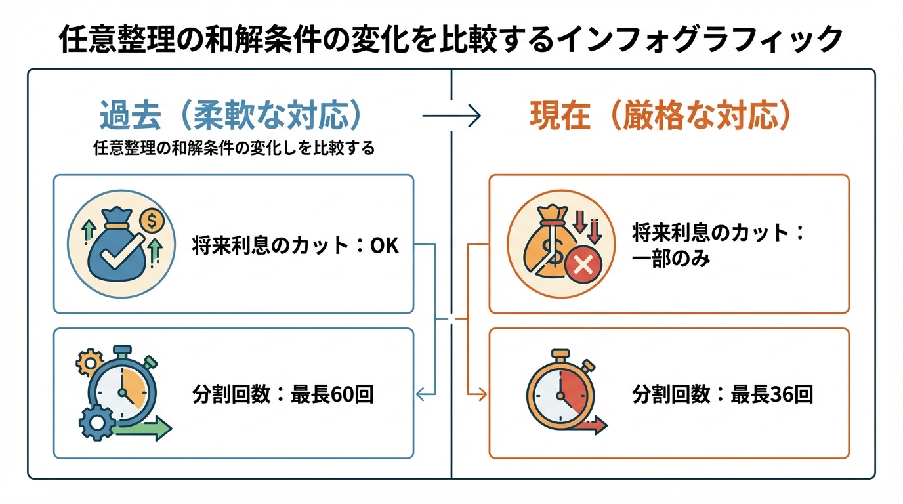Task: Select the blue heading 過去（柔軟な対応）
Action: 232,116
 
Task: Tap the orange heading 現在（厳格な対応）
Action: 660,116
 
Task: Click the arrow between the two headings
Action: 451,117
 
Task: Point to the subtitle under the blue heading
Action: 234,148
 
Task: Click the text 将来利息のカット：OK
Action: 295,246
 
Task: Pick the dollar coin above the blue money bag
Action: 152,221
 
